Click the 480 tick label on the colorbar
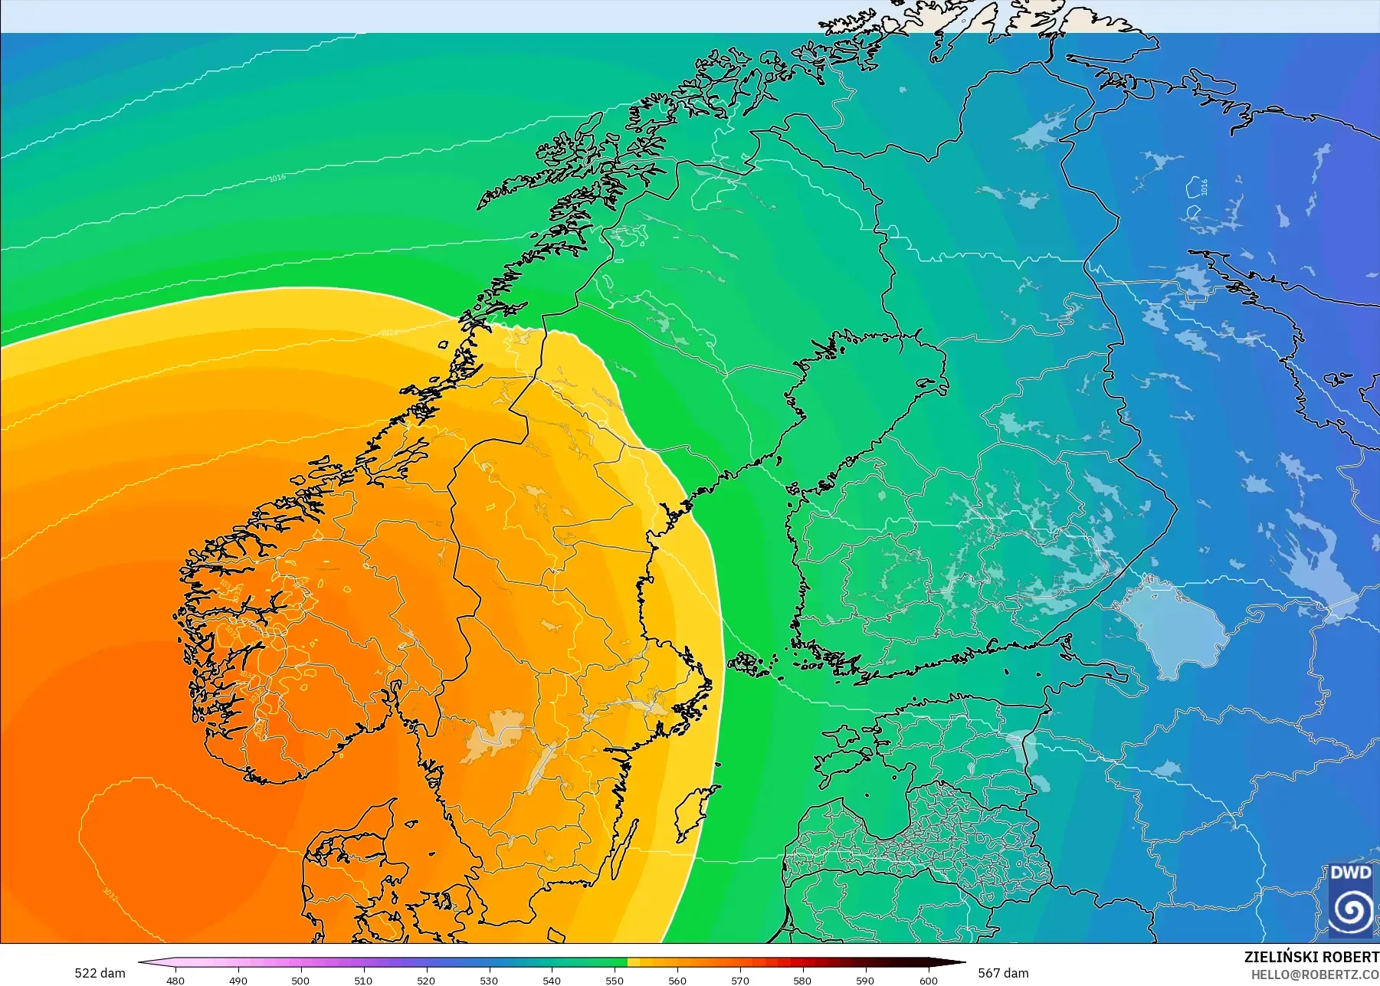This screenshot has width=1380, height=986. coord(175,980)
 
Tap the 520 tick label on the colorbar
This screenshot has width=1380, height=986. coord(426,980)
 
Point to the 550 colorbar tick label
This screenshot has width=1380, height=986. coord(615,980)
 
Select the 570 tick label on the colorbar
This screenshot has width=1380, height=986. coord(740,980)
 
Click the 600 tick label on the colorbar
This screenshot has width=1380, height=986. coord(929,980)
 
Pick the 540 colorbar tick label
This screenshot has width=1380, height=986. coord(552,980)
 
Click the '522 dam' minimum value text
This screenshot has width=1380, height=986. coord(100,973)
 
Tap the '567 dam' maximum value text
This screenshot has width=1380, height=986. coord(1003,973)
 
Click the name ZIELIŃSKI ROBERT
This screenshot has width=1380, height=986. coord(1311,957)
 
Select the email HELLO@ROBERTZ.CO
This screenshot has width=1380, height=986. coord(1315,975)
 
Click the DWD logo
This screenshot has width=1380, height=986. coord(1350,901)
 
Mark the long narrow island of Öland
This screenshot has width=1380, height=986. coord(624,850)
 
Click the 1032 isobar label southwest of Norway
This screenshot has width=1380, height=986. coord(110,894)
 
